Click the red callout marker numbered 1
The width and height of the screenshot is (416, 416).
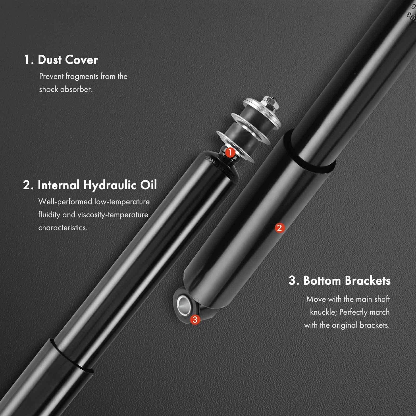coord(230,152)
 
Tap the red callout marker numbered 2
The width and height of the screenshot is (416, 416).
coord(279,228)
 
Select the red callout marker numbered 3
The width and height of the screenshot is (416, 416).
coord(195,319)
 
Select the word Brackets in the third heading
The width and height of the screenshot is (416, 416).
coord(368,281)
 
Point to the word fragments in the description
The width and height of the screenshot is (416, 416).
coord(82,76)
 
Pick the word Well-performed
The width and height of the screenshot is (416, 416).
coord(65,202)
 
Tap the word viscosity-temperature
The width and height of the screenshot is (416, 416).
coord(113,215)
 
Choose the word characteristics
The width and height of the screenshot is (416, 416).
coord(63,228)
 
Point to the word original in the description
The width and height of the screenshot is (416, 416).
coord(345,325)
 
